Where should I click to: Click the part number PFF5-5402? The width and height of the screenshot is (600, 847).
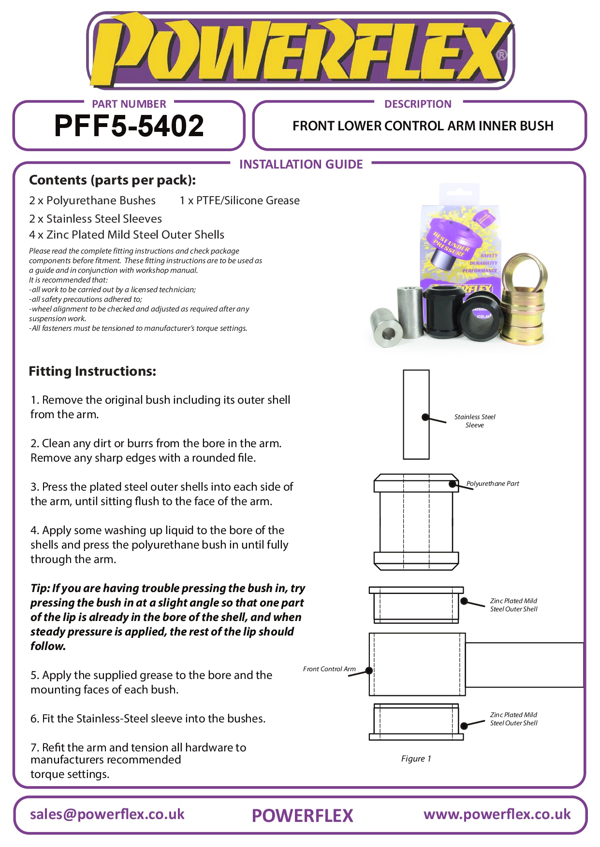pos(129,126)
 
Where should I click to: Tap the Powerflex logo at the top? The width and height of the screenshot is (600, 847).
pos(300,51)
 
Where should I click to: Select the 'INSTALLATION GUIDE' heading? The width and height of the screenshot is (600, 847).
pos(301,164)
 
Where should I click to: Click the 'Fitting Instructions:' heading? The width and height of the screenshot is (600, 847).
pos(92,371)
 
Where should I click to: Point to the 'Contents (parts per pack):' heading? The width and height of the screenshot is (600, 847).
pos(112,180)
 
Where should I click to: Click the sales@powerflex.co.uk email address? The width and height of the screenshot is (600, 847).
pos(107,814)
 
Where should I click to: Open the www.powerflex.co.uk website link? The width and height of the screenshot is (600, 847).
pos(497,814)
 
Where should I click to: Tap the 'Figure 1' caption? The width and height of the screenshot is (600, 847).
pos(416,759)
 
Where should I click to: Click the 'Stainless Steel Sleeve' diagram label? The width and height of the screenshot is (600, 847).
pos(474,421)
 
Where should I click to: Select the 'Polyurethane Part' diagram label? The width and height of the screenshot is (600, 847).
pos(493,483)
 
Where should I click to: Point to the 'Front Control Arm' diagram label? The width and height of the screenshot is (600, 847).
pos(329,669)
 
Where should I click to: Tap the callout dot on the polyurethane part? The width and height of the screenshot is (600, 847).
pos(453,484)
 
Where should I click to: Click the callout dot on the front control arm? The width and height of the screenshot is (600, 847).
pos(369,670)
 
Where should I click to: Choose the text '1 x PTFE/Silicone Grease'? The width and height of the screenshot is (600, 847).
pos(239,200)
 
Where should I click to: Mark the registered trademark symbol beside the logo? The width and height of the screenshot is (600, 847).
pos(501,55)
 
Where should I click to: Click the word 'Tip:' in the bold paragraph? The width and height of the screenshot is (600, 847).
pos(40,588)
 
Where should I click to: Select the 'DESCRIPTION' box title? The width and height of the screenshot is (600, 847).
pos(418,104)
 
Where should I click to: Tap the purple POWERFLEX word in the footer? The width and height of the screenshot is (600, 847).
pos(303,816)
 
